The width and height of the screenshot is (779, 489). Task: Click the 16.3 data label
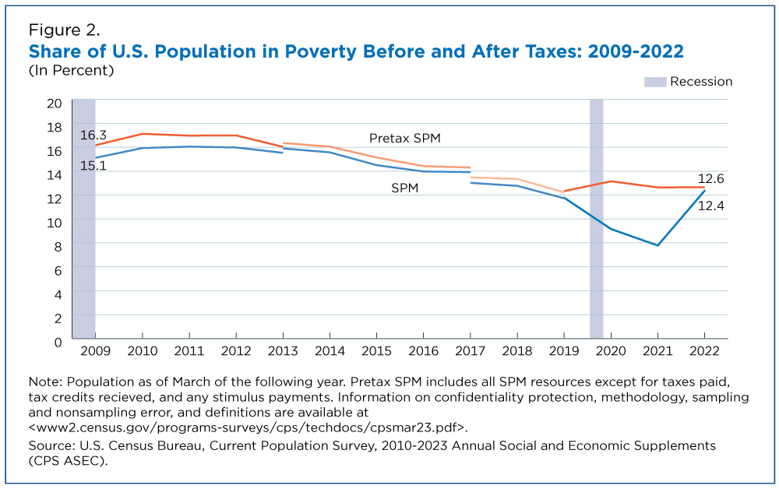[x=93, y=135]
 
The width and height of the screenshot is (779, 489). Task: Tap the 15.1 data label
[x=93, y=165]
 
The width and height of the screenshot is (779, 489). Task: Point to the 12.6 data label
[x=711, y=179]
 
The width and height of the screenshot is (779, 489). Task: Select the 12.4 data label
[x=711, y=206]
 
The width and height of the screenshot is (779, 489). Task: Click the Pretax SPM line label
[x=405, y=138]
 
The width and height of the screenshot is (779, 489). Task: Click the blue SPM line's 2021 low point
[x=657, y=245]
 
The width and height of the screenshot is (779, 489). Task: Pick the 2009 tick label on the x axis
[x=95, y=351]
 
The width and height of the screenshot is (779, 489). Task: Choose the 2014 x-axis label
[x=330, y=351]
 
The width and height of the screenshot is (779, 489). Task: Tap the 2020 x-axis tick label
[x=611, y=351]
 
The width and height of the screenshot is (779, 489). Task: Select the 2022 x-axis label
[x=704, y=351]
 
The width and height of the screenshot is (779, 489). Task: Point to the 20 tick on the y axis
[x=55, y=104]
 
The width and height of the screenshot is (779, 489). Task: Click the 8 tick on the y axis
[x=58, y=247]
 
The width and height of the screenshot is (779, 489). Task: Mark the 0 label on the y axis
[x=58, y=343]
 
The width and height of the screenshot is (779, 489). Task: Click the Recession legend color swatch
[x=655, y=82]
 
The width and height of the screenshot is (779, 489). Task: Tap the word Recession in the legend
[x=701, y=82]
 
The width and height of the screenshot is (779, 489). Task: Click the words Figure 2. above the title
[x=64, y=30]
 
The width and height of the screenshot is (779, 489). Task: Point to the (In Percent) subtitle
[x=71, y=71]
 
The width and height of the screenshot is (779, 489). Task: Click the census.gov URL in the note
[x=248, y=427]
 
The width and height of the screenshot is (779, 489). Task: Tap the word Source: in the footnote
[x=51, y=445]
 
